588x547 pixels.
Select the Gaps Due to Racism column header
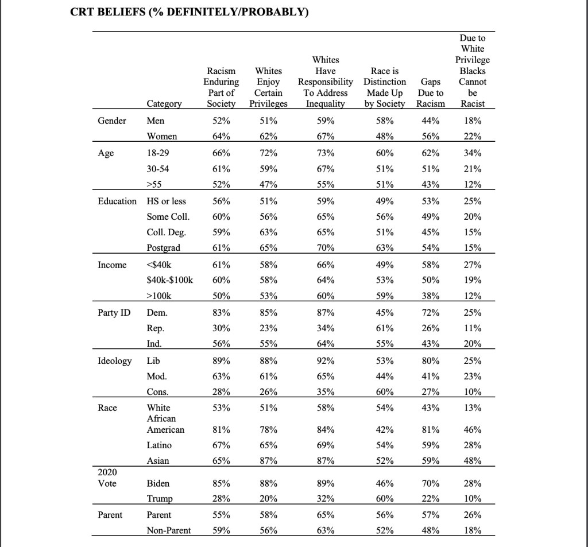click(431, 92)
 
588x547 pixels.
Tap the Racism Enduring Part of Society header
click(221, 87)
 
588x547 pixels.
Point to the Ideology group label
click(114, 361)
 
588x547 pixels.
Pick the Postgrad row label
click(164, 248)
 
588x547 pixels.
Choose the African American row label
click(166, 424)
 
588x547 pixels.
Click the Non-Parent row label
click(169, 530)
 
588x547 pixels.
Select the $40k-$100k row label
click(170, 280)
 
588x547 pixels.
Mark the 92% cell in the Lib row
click(326, 362)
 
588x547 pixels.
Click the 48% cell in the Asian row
click(473, 460)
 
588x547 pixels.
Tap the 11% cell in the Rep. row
click(473, 329)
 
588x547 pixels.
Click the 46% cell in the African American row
click(473, 429)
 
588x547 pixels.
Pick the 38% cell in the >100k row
click(431, 297)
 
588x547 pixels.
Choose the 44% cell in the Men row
click(431, 121)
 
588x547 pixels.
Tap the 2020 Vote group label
click(108, 478)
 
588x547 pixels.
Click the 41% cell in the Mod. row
click(431, 377)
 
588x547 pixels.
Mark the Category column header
click(164, 104)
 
